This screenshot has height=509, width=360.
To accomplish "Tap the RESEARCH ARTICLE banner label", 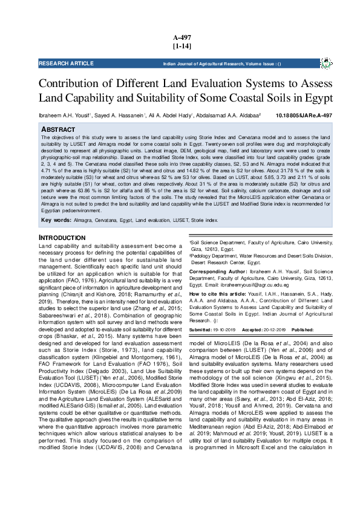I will [x=62, y=63].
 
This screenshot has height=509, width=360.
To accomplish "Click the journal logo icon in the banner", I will [x=326, y=63].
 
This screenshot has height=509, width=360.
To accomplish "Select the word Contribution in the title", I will [x=68, y=83].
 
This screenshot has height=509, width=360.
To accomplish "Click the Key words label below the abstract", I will [x=56, y=221].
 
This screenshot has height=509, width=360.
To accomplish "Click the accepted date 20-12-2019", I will [x=275, y=330].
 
